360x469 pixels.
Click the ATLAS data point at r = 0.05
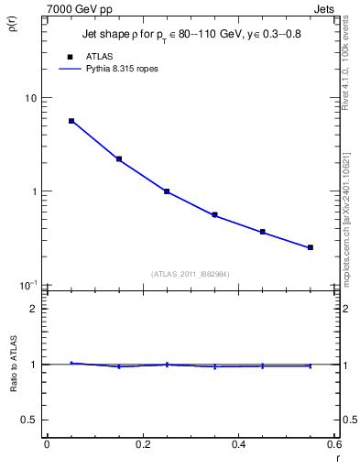[71, 121]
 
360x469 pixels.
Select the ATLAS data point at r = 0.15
[119, 158]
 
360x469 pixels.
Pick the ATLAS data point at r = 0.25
[167, 191]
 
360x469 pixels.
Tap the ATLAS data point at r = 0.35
[214, 215]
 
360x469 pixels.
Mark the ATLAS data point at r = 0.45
[263, 232]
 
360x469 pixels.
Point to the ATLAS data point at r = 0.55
[311, 247]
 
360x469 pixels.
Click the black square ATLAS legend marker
[70, 57]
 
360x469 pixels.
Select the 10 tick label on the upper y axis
[29, 98]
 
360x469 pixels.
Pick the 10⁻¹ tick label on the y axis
[27, 285]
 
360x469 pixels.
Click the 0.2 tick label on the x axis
[142, 445]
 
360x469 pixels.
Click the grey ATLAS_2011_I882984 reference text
[191, 274]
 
